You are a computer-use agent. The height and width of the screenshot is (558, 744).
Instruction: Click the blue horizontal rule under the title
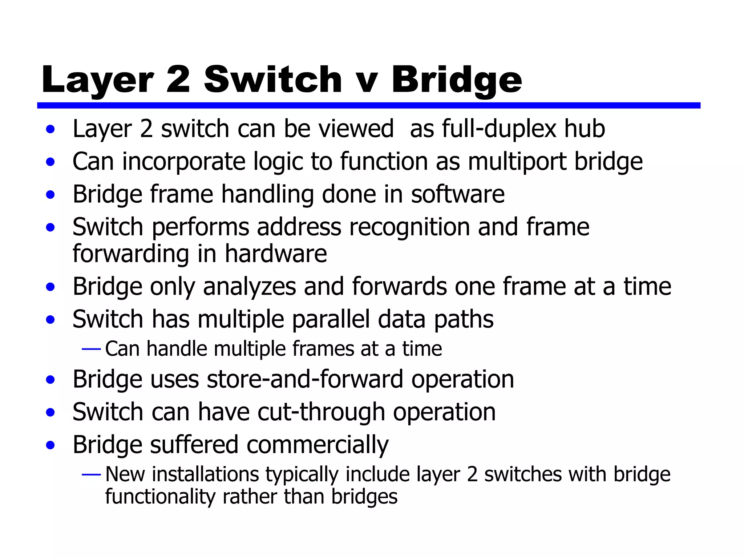click(x=368, y=105)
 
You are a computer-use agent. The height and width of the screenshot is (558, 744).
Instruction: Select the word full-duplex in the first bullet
click(x=499, y=129)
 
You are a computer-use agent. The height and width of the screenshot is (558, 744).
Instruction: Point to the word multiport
click(x=517, y=162)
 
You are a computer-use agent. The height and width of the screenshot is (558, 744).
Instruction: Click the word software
click(x=458, y=194)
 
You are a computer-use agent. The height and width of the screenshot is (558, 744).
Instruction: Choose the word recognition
click(x=409, y=227)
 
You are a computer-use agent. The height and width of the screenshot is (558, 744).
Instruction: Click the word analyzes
click(x=250, y=287)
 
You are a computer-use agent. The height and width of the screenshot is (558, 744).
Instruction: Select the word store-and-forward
click(x=305, y=379)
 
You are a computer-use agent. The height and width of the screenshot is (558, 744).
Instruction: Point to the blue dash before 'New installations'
click(x=91, y=474)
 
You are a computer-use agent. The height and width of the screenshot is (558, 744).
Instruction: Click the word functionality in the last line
click(x=160, y=497)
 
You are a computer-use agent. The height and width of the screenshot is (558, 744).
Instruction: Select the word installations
click(x=205, y=474)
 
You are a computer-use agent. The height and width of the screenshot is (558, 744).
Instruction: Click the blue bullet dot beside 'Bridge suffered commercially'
click(x=50, y=445)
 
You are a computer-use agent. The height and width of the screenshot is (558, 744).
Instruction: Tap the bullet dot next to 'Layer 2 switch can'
click(x=50, y=129)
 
